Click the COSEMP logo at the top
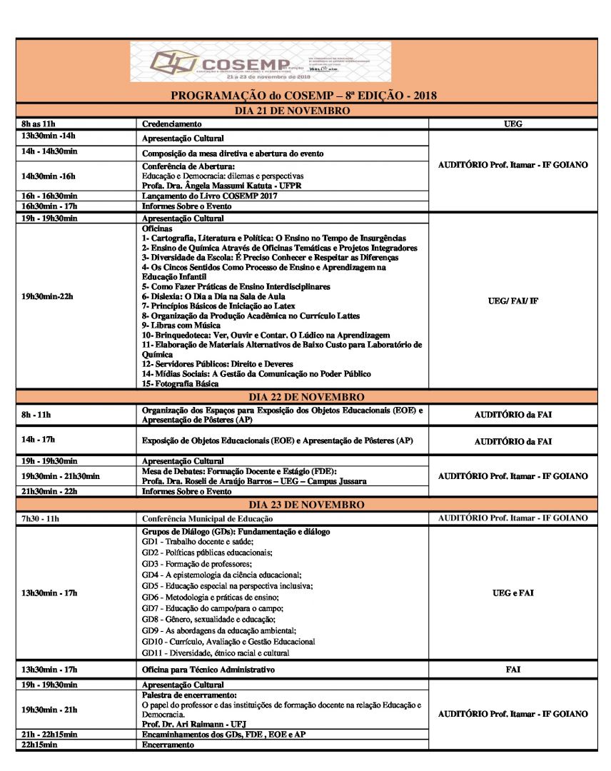pyautogui.click(x=261, y=62)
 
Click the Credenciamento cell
pyautogui.click(x=171, y=124)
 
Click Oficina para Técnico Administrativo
pyautogui.click(x=208, y=670)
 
